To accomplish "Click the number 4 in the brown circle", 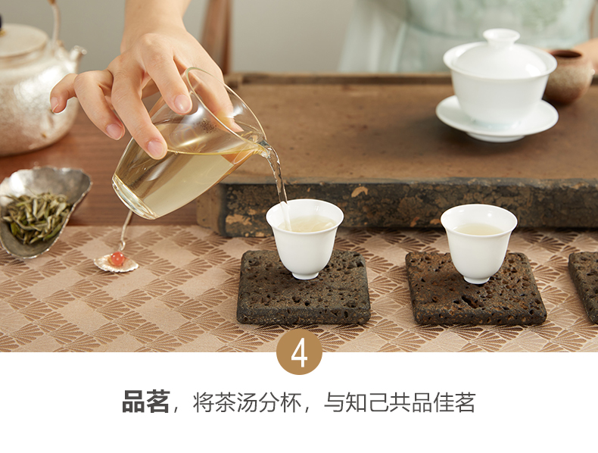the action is [x=300, y=355].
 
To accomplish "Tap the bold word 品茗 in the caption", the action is [x=145, y=401].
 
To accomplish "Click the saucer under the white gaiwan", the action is [x=497, y=119].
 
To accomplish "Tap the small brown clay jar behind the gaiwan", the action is [x=568, y=77].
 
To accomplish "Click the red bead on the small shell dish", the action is [x=117, y=258].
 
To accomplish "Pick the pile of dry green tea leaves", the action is [x=37, y=217].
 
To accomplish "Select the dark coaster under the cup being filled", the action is [x=304, y=288].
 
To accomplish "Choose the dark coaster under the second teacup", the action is [x=475, y=289].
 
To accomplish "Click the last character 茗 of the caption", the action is [x=465, y=402].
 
